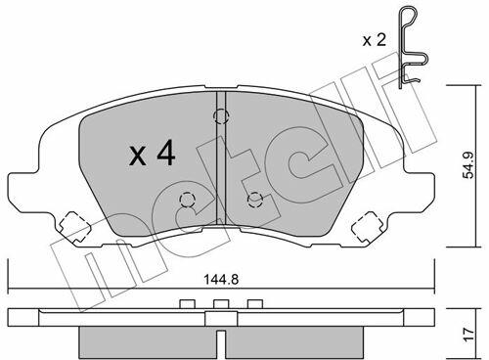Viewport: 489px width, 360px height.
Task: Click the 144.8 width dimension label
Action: pos(221,280)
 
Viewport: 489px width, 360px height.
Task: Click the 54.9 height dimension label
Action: pos(469,165)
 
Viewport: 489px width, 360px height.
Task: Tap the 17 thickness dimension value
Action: pos(468,335)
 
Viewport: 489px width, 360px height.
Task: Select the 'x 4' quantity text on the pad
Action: pos(153,155)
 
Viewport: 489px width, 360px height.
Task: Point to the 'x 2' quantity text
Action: pos(375,40)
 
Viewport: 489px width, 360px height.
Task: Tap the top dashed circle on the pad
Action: pos(221,116)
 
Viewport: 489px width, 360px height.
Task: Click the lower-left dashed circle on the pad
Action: pos(187,200)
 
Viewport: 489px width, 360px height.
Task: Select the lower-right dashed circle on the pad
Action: pos(255,200)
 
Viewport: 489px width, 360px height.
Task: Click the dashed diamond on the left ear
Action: pos(73,227)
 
